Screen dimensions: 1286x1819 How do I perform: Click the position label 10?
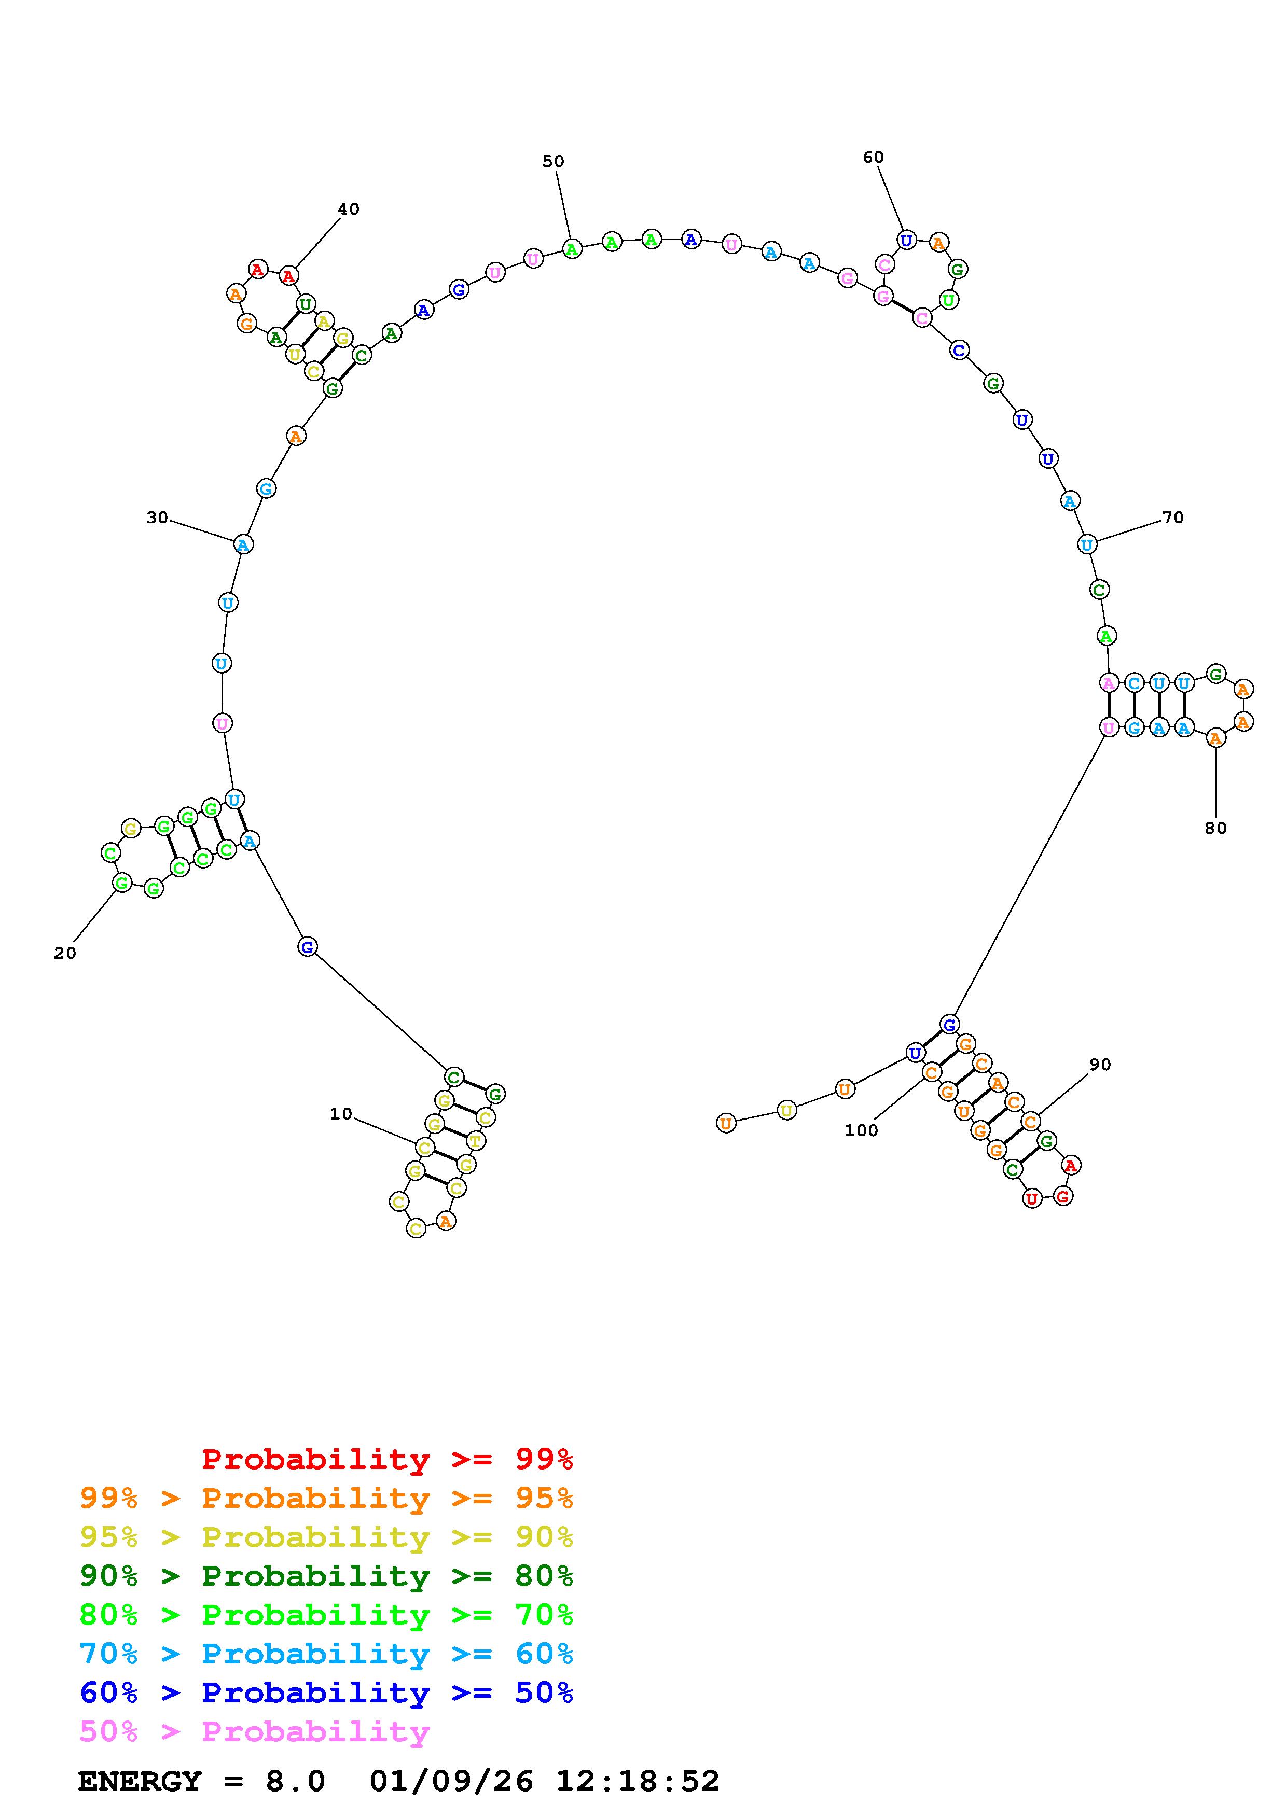pos(341,1114)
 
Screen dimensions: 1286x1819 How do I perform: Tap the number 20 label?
pos(65,953)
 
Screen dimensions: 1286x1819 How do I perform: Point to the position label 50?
pos(553,162)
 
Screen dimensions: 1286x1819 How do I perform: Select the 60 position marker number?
pos(873,158)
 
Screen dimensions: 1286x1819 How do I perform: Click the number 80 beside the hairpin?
pos(1215,828)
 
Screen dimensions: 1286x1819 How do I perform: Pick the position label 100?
pos(861,1130)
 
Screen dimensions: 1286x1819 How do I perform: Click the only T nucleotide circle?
pos(475,1141)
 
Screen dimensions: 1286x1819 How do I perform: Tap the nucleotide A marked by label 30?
pos(243,544)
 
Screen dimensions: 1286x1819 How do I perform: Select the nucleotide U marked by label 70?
pos(1087,544)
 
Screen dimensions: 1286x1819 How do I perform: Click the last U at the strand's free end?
pos(726,1123)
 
